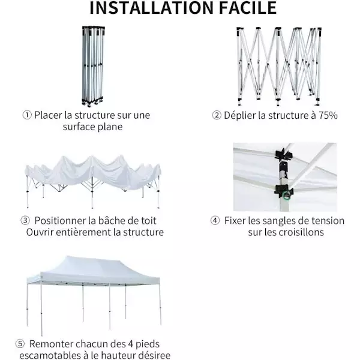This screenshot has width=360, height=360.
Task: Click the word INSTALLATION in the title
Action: (152, 8)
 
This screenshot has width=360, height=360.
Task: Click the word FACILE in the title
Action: (248, 8)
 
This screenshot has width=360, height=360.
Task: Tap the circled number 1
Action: (27, 115)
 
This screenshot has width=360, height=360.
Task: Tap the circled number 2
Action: (216, 115)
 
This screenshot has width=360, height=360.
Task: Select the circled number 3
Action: (25, 221)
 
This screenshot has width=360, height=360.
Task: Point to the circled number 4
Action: (215, 221)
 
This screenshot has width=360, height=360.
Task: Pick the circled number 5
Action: (20, 344)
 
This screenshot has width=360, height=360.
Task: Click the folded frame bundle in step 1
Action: (93, 66)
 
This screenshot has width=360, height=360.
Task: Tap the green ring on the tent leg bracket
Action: (286, 196)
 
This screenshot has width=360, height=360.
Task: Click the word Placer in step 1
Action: (48, 115)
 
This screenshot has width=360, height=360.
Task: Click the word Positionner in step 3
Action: (60, 221)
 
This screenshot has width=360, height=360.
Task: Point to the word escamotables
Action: (50, 355)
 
